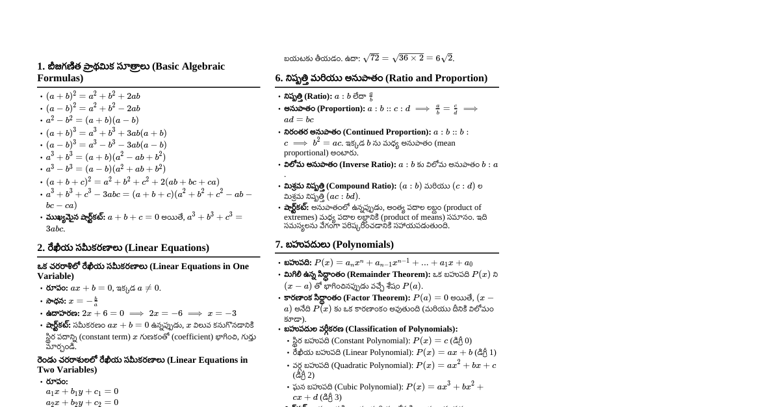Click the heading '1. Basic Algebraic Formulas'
click(131, 72)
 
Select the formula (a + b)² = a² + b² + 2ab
click(93, 96)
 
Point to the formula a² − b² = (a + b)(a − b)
click(92, 120)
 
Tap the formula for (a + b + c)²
click(133, 182)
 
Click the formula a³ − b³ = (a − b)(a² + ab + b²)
click(105, 169)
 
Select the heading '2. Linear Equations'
click(123, 248)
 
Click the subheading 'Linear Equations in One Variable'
click(143, 270)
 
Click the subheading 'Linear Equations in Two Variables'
click(142, 364)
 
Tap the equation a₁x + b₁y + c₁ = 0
click(82, 391)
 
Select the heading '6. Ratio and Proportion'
click(381, 78)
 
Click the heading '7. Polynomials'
click(334, 244)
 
